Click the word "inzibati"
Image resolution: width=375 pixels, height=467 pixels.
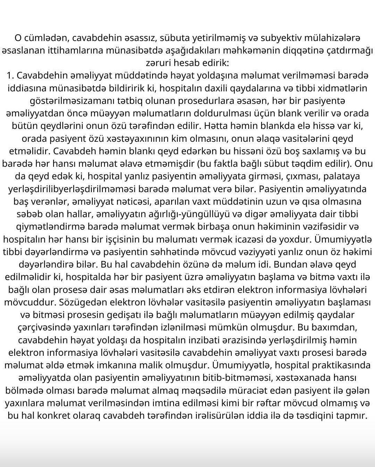pyautogui.click(x=212, y=340)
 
